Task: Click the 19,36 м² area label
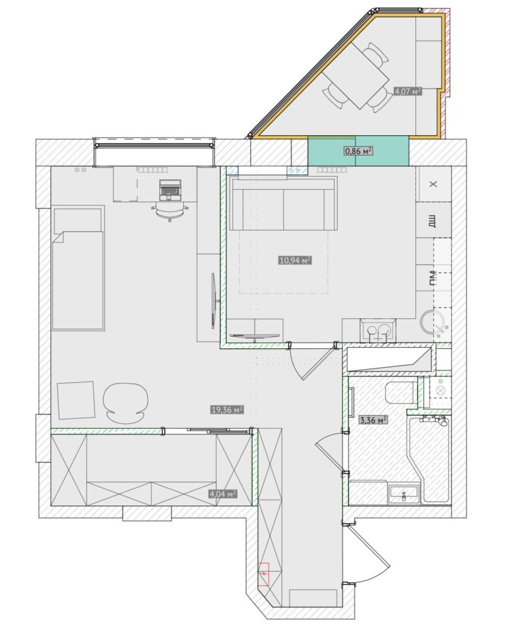(227, 410)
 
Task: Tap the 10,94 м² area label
(295, 260)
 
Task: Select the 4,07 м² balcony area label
(408, 91)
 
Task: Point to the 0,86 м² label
(358, 151)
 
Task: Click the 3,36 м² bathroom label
(373, 420)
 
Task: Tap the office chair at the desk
(170, 211)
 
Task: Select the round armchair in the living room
(125, 402)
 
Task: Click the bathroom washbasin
(404, 493)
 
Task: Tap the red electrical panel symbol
(264, 574)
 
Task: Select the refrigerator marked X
(433, 184)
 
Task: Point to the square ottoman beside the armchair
(76, 400)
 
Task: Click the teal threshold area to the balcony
(358, 150)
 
